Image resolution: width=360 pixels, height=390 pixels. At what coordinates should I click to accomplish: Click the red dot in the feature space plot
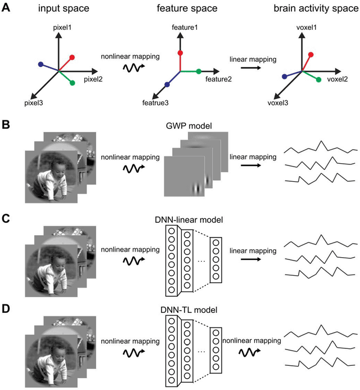(x=179, y=53)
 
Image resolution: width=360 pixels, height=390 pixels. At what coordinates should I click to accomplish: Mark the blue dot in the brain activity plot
(x=285, y=76)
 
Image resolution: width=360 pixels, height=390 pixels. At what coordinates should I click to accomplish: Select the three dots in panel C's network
(x=201, y=263)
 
